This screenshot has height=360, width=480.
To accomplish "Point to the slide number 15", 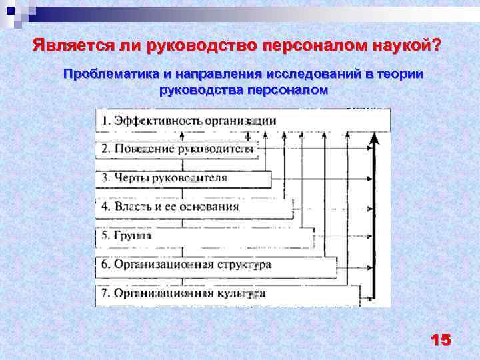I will (x=441, y=340).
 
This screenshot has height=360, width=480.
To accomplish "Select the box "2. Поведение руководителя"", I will (x=177, y=149).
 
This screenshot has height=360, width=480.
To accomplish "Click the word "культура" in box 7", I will (x=241, y=293).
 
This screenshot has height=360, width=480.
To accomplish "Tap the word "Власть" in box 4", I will (x=133, y=207).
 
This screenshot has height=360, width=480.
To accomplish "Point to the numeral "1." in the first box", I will (x=106, y=121).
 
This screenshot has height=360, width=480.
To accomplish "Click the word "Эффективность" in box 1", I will (x=159, y=121).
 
